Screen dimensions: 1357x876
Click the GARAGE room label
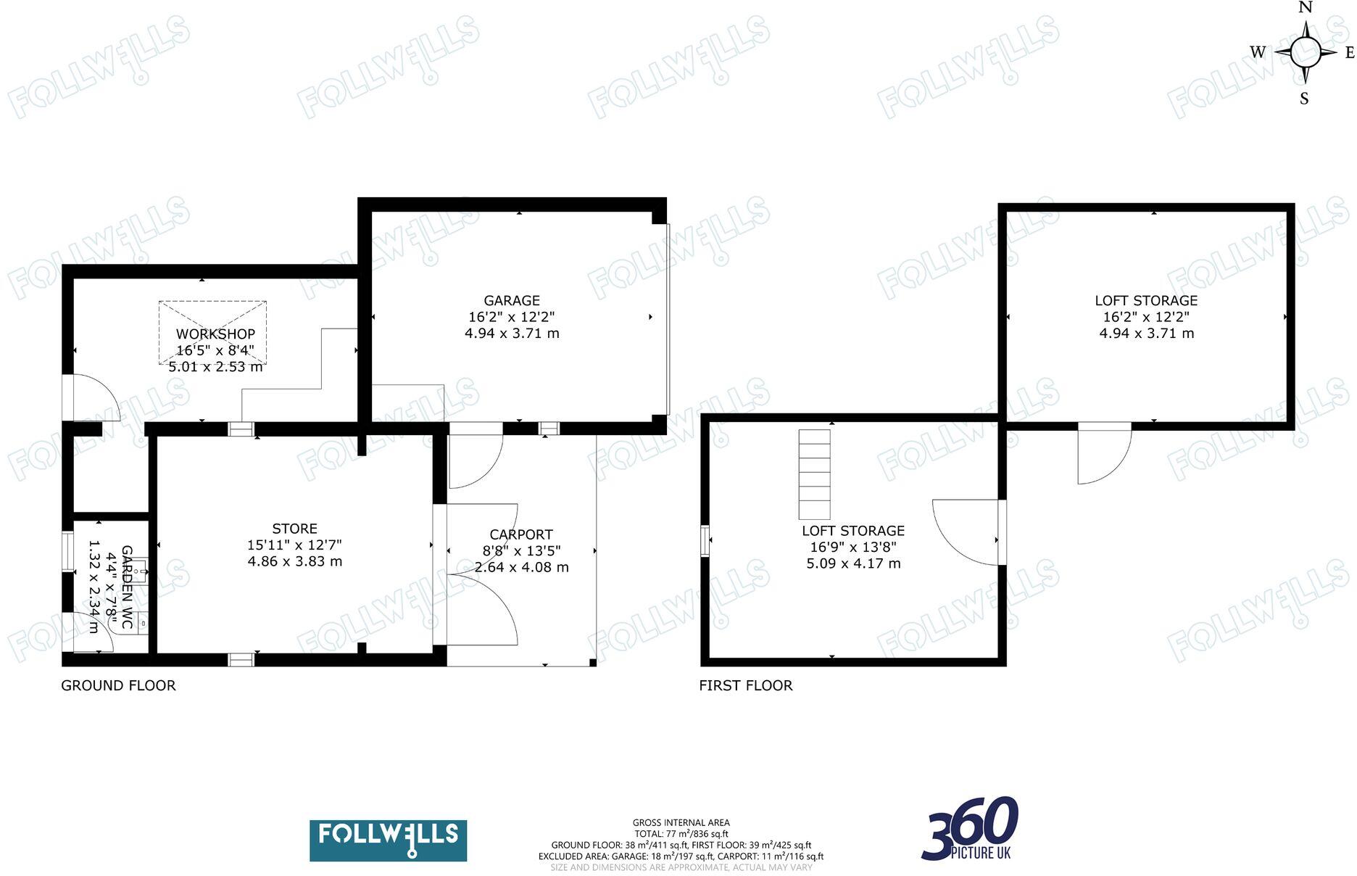tap(512, 300)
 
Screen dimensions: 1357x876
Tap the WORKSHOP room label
tap(215, 334)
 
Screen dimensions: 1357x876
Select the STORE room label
tap(294, 529)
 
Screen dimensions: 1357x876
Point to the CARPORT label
tap(521, 534)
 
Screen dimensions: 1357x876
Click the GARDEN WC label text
tap(127, 587)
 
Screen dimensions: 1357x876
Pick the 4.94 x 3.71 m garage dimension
tap(512, 334)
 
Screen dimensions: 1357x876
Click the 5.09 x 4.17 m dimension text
tap(853, 563)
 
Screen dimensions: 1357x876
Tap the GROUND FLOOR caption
tap(118, 685)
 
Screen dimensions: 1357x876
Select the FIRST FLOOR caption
tap(745, 685)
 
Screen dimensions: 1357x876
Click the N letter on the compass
tap(1306, 8)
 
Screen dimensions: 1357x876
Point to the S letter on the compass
tap(1304, 99)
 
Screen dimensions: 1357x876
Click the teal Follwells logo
tap(388, 840)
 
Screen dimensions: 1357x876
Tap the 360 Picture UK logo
tap(970, 829)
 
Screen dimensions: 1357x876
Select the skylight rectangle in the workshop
tap(212, 333)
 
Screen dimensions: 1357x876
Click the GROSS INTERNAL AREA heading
tap(681, 822)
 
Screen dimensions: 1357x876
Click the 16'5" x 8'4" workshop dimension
tap(215, 350)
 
